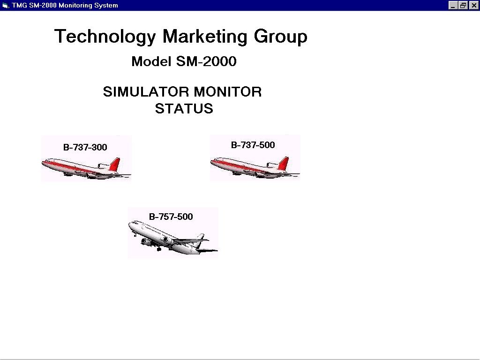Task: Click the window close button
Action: click(473, 5)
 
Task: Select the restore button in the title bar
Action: click(463, 5)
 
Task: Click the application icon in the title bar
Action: click(5, 5)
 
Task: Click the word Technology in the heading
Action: click(105, 37)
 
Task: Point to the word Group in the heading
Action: click(280, 37)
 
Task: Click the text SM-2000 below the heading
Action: click(206, 61)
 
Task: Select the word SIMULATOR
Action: click(146, 92)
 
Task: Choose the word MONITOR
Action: click(228, 92)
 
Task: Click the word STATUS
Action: click(184, 109)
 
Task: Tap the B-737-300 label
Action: click(85, 147)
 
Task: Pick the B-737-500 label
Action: click(253, 145)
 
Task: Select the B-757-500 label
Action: click(171, 217)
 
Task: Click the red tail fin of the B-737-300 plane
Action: click(115, 165)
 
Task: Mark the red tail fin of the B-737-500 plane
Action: click(284, 164)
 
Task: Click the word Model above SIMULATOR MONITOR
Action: click(151, 61)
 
